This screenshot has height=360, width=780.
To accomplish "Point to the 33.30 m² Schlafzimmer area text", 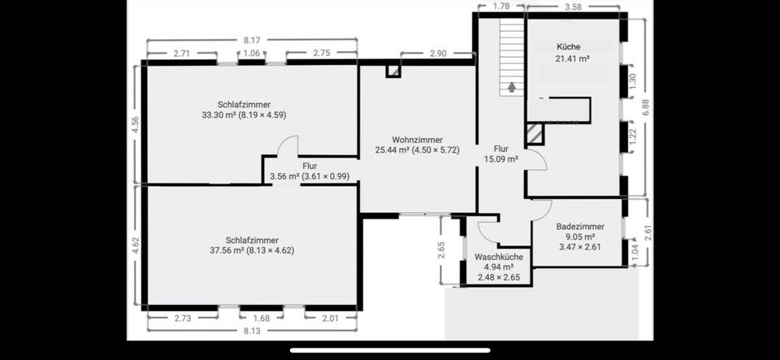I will point(252,115).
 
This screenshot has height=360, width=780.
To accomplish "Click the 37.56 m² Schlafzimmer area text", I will point(252,250).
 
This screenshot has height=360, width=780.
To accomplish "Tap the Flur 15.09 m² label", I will point(501,154).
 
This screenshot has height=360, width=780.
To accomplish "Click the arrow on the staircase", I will point(512,85).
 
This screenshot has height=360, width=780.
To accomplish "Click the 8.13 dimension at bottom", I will point(252,332).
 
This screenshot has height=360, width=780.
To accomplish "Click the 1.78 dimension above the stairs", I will point(501,7).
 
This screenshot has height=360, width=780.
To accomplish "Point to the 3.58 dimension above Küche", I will point(573,7).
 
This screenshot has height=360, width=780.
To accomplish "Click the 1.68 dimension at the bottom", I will point(262,319).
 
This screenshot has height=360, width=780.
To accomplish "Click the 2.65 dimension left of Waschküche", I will point(440,249).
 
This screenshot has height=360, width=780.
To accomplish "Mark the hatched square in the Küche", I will point(534,134).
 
